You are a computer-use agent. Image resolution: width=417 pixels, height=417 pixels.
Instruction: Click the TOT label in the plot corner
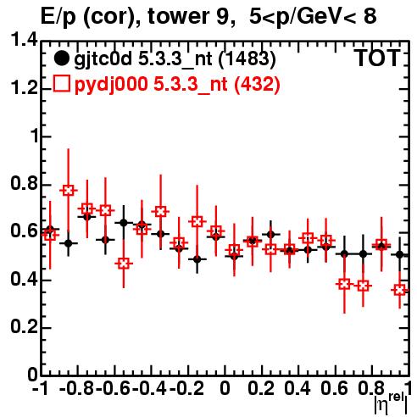377,58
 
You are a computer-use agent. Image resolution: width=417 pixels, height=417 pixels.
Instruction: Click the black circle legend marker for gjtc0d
61,58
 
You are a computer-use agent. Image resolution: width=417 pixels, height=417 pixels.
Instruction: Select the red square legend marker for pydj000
61,84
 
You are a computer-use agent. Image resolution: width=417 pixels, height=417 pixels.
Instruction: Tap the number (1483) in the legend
247,59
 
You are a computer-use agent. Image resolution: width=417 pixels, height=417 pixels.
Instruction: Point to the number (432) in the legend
257,84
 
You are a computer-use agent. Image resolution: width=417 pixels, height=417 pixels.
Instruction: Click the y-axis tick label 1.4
24,40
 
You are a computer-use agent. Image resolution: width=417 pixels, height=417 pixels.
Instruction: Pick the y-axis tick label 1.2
24,88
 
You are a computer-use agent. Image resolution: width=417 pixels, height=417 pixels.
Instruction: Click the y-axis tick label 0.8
24,184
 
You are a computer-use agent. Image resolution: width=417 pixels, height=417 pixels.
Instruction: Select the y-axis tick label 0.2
24,327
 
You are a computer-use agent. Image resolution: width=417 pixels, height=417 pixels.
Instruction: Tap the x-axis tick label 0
225,388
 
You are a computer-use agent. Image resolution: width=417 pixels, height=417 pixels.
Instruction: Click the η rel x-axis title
391,403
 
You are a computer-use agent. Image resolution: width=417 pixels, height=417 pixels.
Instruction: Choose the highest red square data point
68,191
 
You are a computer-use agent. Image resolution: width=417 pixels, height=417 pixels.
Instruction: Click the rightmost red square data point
400,290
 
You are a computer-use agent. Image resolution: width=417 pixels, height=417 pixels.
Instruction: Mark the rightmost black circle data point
399,254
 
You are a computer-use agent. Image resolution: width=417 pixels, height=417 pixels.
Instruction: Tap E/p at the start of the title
58,17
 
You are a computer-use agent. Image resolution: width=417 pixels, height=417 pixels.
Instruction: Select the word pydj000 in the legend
111,85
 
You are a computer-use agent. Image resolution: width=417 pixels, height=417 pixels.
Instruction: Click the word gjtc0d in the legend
103,59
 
